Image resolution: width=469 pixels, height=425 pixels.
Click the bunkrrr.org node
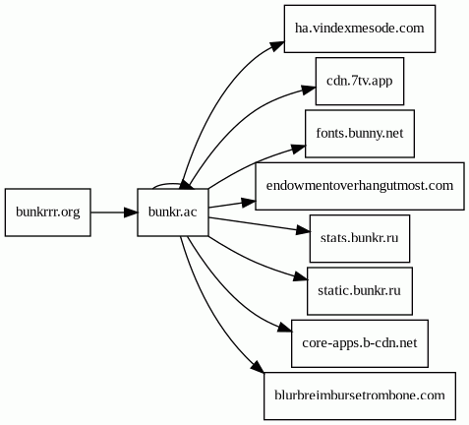pyautogui.click(x=48, y=212)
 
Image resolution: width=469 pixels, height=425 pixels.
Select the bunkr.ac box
pyautogui.click(x=173, y=212)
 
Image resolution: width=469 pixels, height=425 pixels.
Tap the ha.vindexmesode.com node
pyautogui.click(x=360, y=29)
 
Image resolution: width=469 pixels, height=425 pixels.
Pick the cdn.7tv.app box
pyautogui.click(x=360, y=81)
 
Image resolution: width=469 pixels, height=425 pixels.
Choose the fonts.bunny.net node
pyautogui.click(x=360, y=134)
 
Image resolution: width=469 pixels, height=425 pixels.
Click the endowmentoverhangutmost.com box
pyautogui.click(x=360, y=186)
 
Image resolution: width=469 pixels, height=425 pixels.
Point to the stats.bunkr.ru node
pyautogui.click(x=360, y=238)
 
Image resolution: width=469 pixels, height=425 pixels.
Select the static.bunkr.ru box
pyautogui.click(x=360, y=291)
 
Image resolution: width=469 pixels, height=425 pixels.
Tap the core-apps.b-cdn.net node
pyautogui.click(x=360, y=343)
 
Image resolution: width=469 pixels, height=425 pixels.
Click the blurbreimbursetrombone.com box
pyautogui.click(x=360, y=395)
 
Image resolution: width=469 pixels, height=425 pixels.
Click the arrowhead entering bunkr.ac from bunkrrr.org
pyautogui.click(x=131, y=212)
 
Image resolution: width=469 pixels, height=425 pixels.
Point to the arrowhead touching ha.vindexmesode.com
pyautogui.click(x=277, y=46)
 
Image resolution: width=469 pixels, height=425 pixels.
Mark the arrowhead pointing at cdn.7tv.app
pyautogui.click(x=309, y=90)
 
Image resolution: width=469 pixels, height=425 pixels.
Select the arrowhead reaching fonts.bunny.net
pyautogui.click(x=299, y=149)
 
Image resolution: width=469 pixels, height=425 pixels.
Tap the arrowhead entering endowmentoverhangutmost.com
pyautogui.click(x=249, y=203)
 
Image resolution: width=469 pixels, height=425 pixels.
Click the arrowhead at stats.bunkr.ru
pyautogui.click(x=303, y=230)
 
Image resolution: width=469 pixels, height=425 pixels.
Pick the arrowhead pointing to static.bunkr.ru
pyautogui.click(x=301, y=277)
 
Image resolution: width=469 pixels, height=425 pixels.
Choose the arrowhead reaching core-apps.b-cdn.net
pyautogui.click(x=285, y=329)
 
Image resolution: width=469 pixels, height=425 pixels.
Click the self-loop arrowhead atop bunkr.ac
pyautogui.click(x=186, y=185)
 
